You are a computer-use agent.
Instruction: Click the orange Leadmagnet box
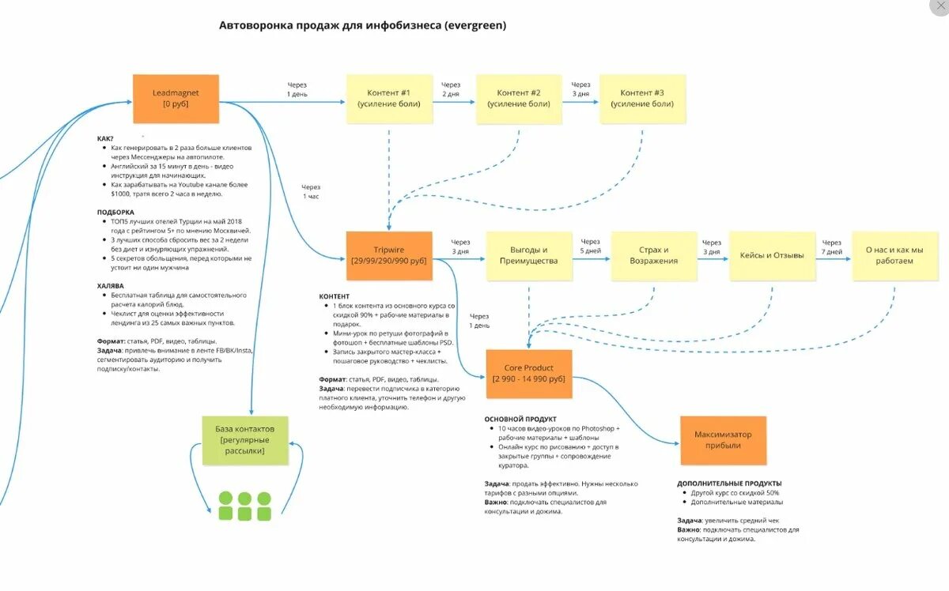(175, 98)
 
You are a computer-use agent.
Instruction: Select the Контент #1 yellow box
(389, 99)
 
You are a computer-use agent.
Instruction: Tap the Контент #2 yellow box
(519, 99)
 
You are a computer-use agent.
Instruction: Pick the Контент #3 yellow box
(642, 99)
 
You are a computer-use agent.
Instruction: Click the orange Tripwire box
(389, 255)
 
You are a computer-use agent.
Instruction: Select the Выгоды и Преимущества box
(528, 255)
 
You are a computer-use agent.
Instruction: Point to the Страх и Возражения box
(654, 255)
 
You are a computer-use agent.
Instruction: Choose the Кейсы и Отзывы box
(772, 255)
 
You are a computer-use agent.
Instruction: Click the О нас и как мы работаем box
(894, 255)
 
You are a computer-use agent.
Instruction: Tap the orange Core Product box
(528, 373)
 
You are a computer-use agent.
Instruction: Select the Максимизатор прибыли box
(723, 440)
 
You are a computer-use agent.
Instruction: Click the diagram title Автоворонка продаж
(362, 25)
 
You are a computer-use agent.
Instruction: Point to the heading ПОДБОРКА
(115, 213)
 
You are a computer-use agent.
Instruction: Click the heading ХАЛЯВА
(112, 286)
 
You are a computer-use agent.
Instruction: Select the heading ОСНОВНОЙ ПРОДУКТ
(520, 419)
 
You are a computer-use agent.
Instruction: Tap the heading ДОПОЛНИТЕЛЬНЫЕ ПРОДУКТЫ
(729, 483)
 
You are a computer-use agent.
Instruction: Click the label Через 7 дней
(832, 247)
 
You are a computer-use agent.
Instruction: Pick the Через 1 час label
(311, 191)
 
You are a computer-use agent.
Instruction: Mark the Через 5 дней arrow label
(591, 247)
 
